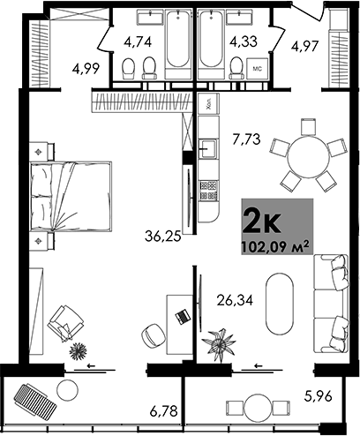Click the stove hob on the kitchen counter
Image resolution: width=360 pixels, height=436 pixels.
tap(209, 186)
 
